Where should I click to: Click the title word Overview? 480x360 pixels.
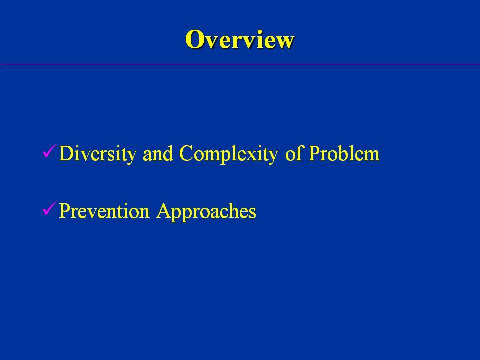(x=239, y=39)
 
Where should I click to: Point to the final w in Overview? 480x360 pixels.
(x=284, y=42)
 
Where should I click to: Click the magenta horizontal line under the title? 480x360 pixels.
(x=240, y=64)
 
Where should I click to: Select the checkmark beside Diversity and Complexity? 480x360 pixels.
(x=49, y=151)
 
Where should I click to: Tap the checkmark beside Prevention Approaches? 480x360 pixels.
(x=49, y=209)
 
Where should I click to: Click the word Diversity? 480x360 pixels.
(x=98, y=154)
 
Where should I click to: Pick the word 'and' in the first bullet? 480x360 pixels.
(x=158, y=154)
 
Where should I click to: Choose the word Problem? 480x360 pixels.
(x=344, y=153)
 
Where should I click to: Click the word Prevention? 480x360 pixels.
(x=104, y=211)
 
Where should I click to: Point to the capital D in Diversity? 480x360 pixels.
(x=67, y=153)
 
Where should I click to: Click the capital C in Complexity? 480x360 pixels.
(x=186, y=153)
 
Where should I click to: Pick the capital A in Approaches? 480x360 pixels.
(x=164, y=211)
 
